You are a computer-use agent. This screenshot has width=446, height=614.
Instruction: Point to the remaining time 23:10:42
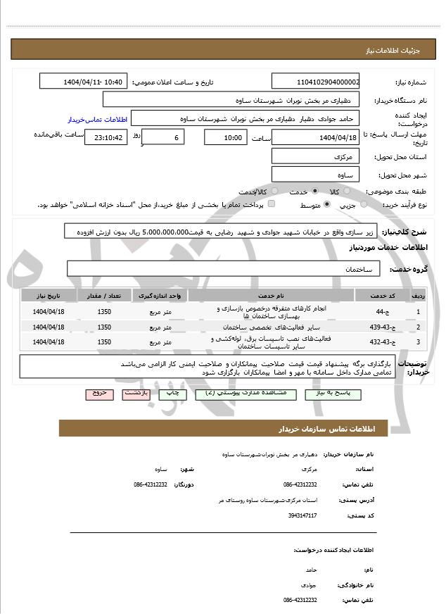(106, 138)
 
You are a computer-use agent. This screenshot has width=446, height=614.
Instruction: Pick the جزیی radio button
(364, 205)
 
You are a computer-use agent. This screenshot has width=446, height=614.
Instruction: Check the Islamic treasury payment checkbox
(272, 204)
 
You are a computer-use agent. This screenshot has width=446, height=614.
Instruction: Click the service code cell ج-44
(380, 311)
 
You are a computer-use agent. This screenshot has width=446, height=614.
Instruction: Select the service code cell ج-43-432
(380, 342)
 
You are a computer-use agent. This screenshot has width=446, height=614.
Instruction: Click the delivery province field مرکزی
(315, 156)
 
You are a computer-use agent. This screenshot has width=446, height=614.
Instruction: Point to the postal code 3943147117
(302, 515)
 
